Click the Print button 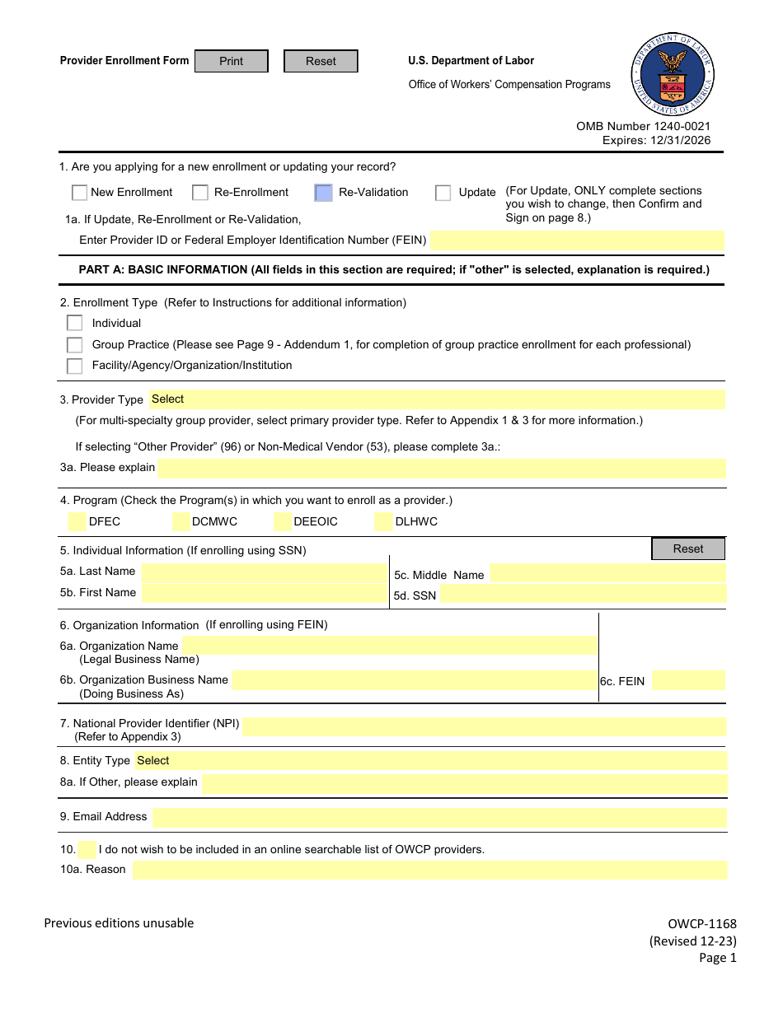[x=232, y=61]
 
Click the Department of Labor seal [x=673, y=75]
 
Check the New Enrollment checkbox [x=79, y=193]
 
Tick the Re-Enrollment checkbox [x=200, y=193]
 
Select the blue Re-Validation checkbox [x=324, y=193]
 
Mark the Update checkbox [x=443, y=193]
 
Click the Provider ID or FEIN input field [x=577, y=240]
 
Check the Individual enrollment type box [x=75, y=323]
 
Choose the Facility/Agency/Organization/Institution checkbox [x=75, y=366]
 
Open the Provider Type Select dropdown [x=437, y=399]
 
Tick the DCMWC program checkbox [x=182, y=521]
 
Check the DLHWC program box [x=383, y=521]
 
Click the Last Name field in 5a [x=262, y=572]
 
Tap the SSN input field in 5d [x=582, y=595]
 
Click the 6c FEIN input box [x=688, y=680]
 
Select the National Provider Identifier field [x=484, y=726]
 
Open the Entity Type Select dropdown [x=431, y=761]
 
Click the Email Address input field [x=439, y=818]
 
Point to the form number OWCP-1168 [x=702, y=924]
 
